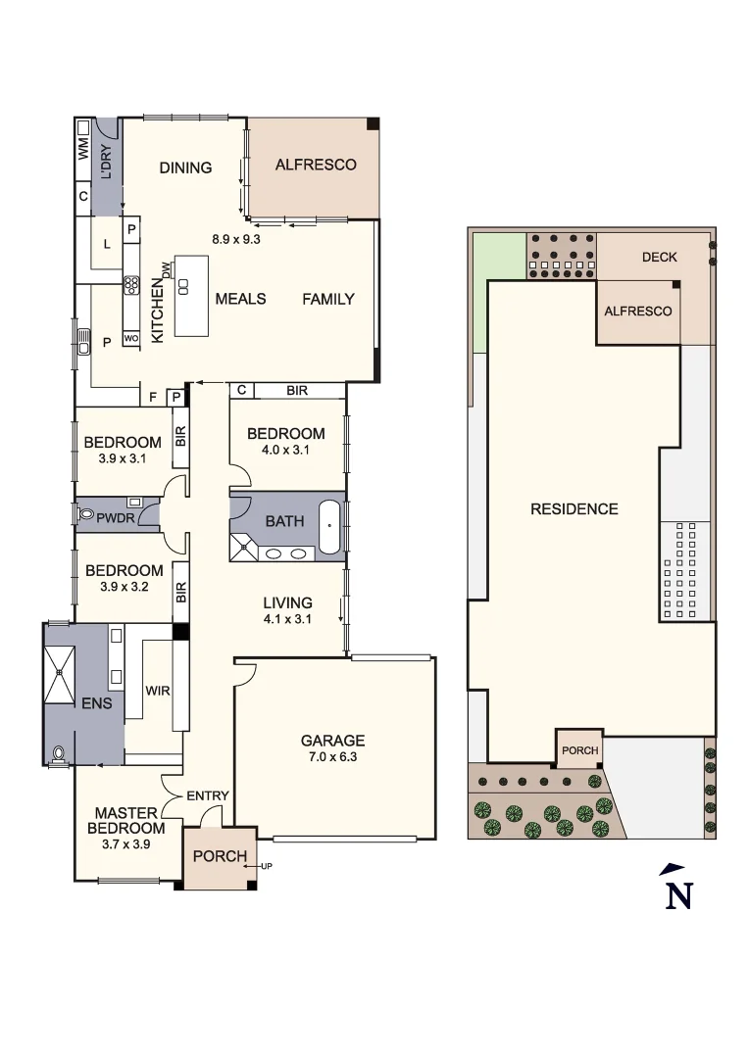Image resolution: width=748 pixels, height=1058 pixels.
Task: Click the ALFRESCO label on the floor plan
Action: [315, 165]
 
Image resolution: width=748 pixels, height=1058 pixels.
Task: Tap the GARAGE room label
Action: [332, 741]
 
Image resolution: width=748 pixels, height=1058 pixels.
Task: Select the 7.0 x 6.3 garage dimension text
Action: [332, 757]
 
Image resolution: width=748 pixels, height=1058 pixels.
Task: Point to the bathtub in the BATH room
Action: [329, 528]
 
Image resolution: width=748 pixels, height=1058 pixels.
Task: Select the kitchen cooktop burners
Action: [130, 285]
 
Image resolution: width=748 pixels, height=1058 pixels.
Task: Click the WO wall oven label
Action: [130, 339]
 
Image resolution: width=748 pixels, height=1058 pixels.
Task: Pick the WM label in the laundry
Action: [83, 148]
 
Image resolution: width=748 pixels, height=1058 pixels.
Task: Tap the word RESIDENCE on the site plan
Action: [574, 508]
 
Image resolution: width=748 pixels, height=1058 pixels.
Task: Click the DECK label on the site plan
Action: [660, 258]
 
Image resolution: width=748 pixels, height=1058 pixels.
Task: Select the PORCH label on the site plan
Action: [579, 750]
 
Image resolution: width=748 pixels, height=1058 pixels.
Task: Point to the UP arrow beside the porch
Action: [264, 866]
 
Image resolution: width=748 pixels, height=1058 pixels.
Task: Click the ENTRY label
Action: [208, 795]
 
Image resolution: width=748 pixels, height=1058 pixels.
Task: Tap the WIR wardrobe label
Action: [159, 691]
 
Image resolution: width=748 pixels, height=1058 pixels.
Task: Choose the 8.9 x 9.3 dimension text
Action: [236, 237]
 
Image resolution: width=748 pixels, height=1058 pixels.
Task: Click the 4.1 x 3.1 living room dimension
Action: [287, 619]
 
